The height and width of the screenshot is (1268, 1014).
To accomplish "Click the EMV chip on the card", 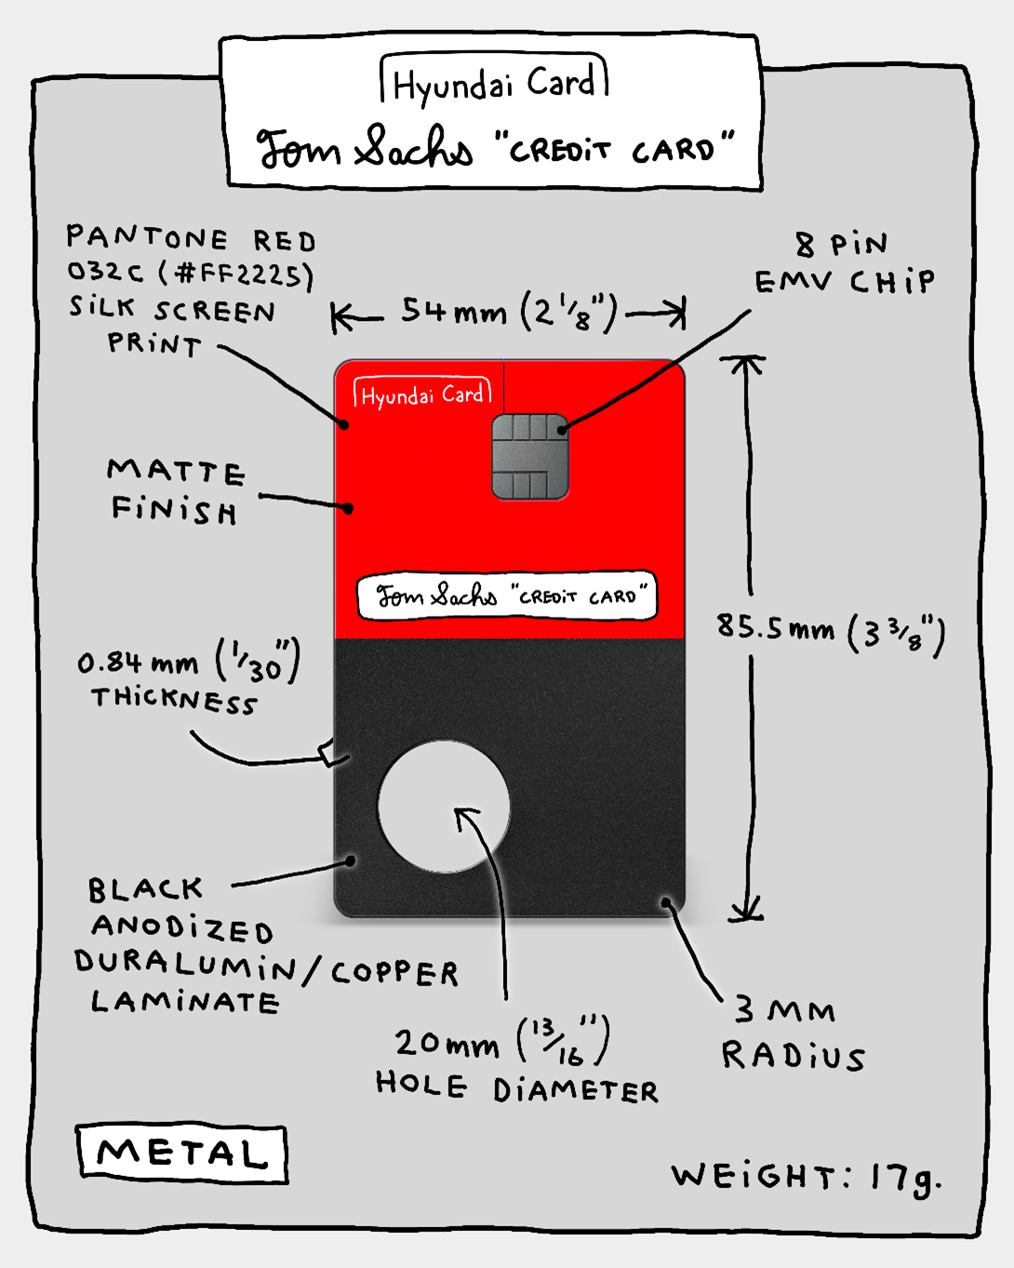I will click(529, 457).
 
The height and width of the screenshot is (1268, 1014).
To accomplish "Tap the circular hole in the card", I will click(444, 807).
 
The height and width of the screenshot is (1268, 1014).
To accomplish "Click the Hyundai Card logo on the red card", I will click(422, 394).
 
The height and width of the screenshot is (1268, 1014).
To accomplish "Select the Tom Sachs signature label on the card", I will click(507, 595).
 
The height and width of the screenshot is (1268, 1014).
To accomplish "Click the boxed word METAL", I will click(182, 1154).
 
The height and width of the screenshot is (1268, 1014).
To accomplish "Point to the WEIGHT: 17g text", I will click(806, 1177).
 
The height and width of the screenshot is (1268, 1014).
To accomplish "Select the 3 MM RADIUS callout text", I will click(792, 1034).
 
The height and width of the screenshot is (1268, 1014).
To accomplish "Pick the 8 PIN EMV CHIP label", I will click(844, 263).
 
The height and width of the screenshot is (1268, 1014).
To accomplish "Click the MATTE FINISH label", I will click(175, 491).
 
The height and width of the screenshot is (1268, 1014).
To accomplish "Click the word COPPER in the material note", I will click(394, 973).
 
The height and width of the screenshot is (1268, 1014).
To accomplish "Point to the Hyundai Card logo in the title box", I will click(494, 83).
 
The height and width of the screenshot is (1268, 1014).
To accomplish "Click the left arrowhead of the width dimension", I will click(341, 319).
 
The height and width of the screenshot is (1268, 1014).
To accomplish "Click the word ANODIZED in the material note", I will click(182, 928).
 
